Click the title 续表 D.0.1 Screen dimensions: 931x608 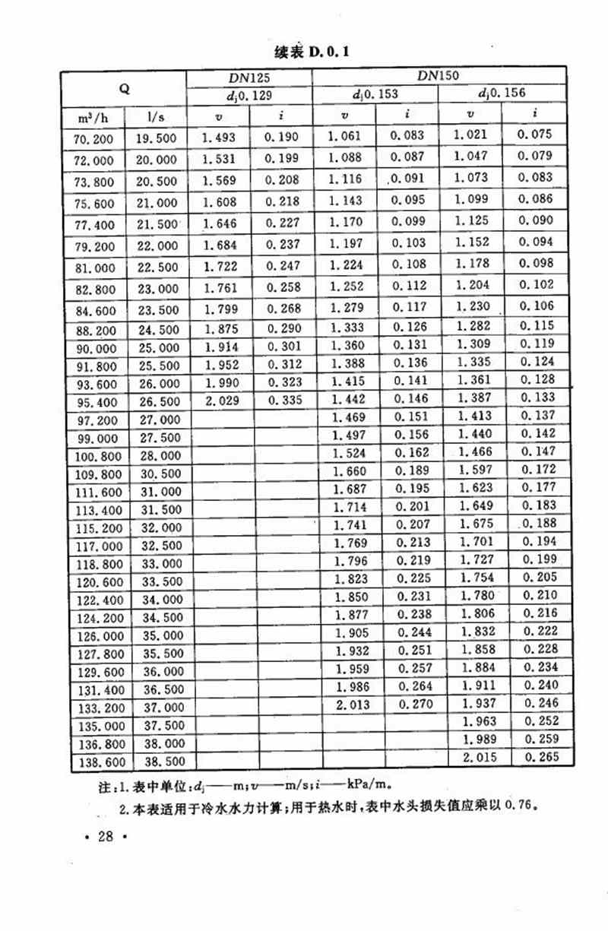coord(311,52)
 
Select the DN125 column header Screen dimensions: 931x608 coord(249,78)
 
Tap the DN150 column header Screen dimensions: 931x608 coord(439,75)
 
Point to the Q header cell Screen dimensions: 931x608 coord(125,88)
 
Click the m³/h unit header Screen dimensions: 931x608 coord(94,117)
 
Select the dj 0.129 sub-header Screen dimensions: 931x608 coord(249,96)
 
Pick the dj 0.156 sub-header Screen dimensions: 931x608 coord(502,93)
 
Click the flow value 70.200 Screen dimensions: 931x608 coord(94,139)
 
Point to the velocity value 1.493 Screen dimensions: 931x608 coord(219,138)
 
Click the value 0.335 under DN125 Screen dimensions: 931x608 coord(282,400)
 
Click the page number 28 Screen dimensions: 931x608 coord(105,837)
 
